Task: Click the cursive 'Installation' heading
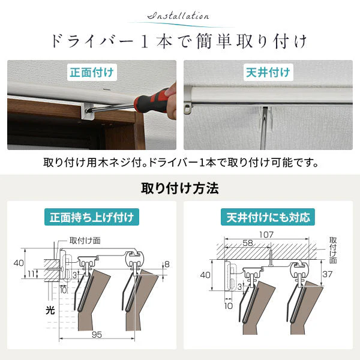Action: point(178,16)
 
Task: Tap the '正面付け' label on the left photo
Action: point(92,73)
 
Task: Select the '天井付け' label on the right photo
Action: point(268,73)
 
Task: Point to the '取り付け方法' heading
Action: point(180,188)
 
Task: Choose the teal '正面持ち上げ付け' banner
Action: point(92,217)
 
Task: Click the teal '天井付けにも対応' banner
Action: point(268,217)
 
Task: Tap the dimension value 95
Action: point(97,335)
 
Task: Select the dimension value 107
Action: point(266,235)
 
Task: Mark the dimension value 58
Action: point(248,243)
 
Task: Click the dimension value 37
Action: point(327,274)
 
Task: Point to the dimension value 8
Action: point(167,264)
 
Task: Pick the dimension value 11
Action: point(31,274)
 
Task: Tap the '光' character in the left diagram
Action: point(50,310)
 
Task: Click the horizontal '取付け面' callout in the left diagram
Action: point(85,241)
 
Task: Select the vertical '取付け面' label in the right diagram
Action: point(333,250)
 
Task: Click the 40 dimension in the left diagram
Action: point(19,263)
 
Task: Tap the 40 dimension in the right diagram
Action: point(205,275)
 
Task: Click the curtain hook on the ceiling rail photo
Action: point(188,109)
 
